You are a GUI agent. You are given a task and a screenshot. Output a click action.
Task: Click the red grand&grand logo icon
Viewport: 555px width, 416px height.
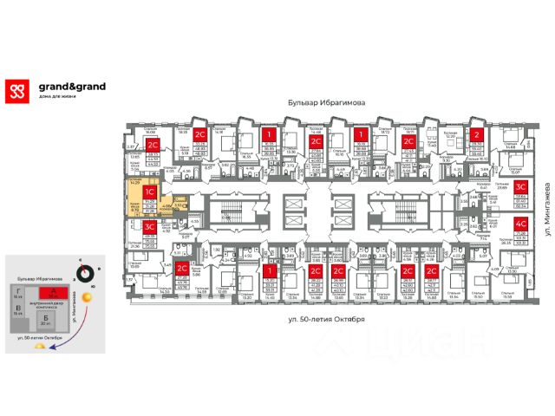click(16, 90)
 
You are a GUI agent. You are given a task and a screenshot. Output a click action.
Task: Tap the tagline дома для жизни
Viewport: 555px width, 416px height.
click(59, 96)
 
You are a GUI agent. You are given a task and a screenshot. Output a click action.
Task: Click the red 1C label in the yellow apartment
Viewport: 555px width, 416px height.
click(149, 192)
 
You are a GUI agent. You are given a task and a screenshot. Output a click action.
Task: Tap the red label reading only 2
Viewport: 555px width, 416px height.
click(477, 135)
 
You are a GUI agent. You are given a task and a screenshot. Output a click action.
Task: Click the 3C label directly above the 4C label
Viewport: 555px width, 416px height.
click(522, 186)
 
